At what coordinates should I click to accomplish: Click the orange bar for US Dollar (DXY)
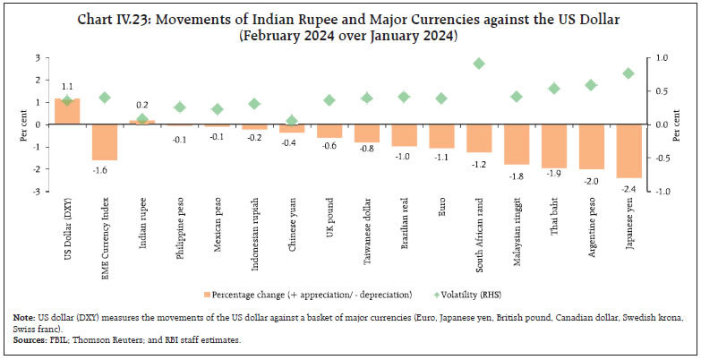[x=67, y=111]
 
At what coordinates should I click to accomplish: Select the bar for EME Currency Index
[x=105, y=141]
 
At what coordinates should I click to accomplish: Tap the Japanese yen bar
[x=628, y=150]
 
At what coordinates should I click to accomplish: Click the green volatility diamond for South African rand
[x=479, y=64]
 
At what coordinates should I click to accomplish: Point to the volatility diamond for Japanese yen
[x=628, y=73]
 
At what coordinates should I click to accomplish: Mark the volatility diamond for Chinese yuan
[x=292, y=120]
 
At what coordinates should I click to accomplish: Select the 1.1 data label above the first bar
[x=67, y=88]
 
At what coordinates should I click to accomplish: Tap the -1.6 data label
[x=105, y=169]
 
